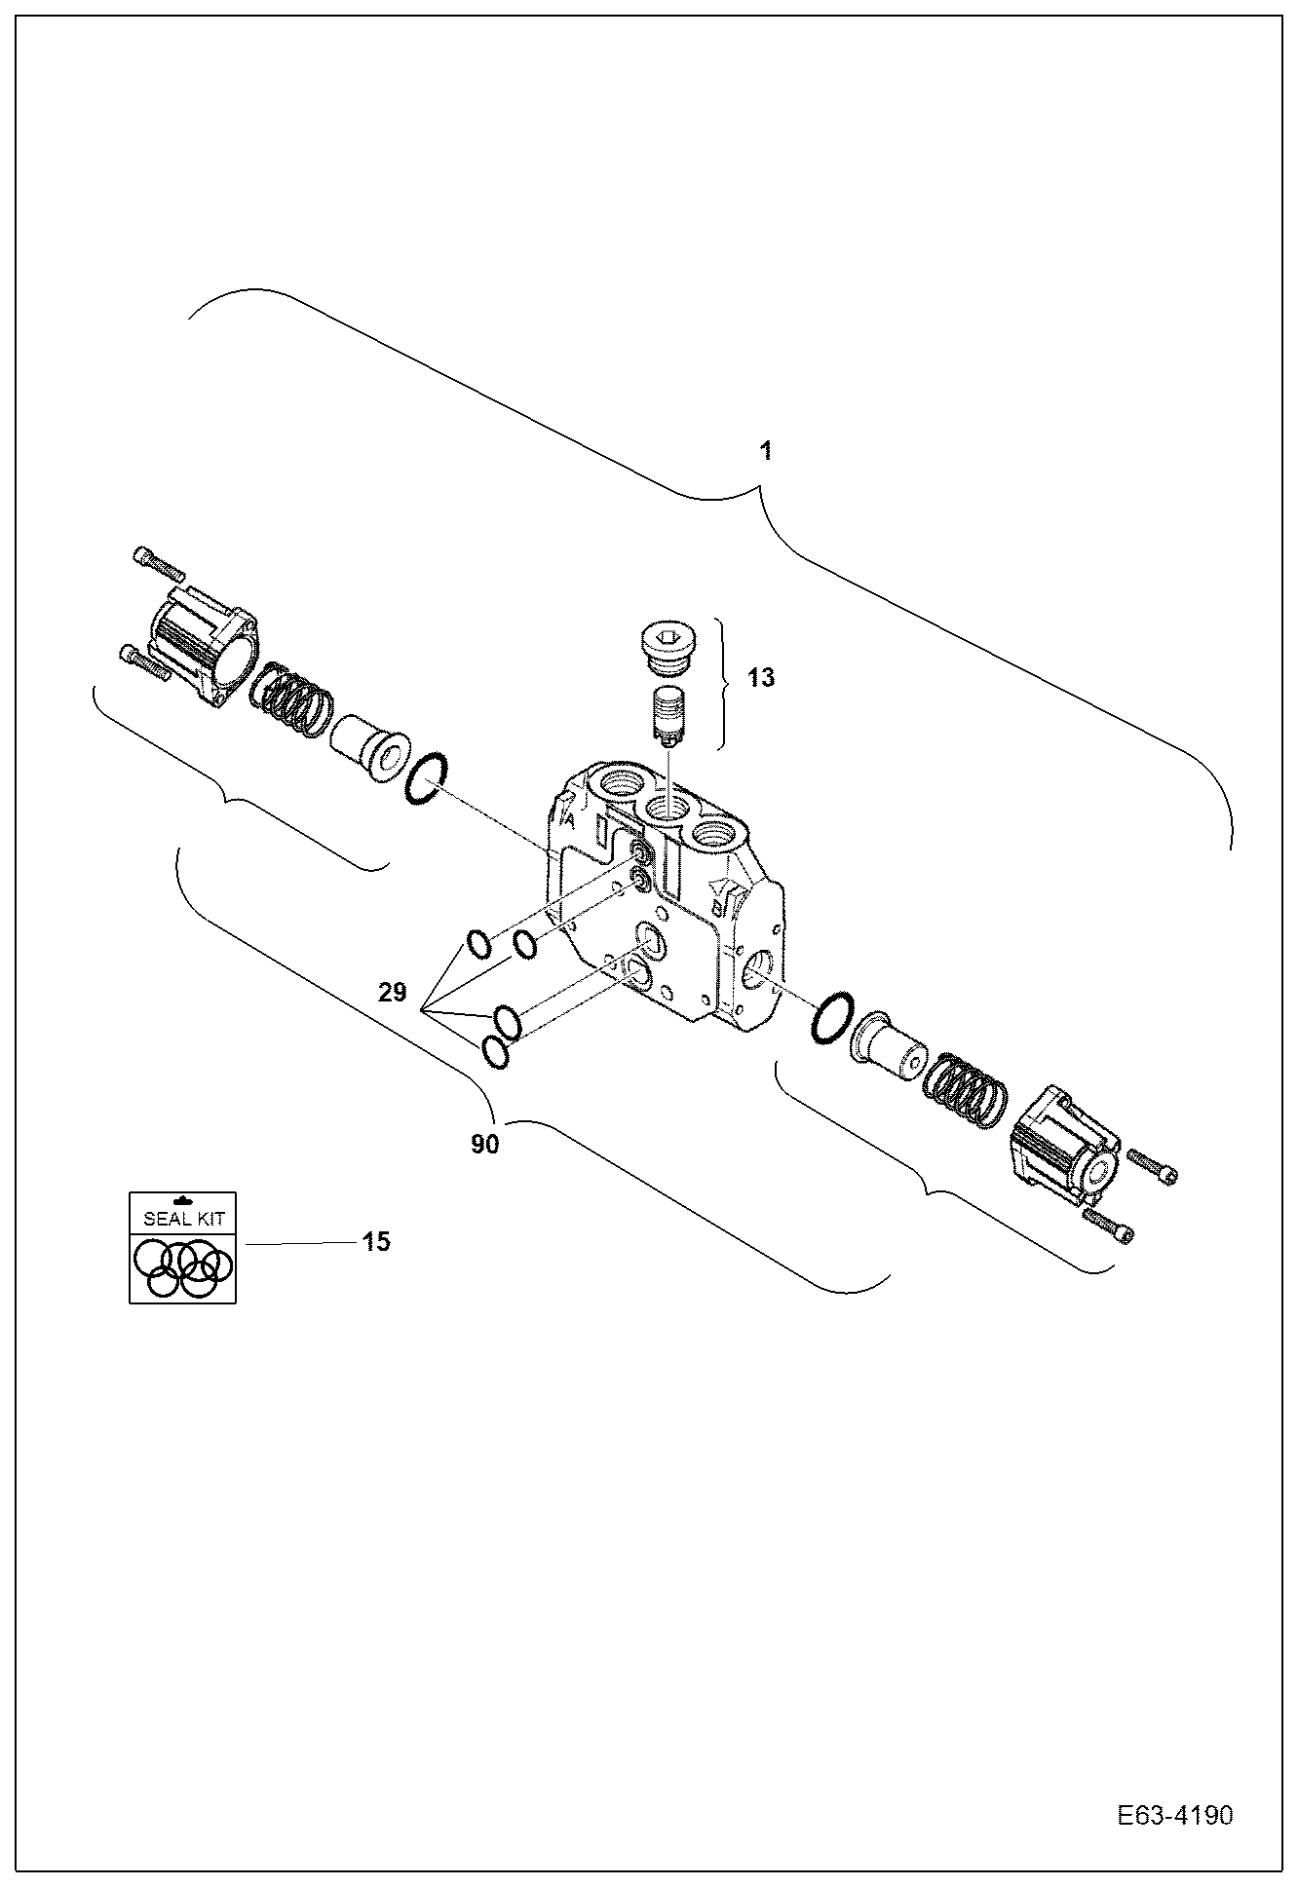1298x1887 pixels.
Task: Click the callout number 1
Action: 766,452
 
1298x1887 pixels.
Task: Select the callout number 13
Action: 761,678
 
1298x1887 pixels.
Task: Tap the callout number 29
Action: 393,993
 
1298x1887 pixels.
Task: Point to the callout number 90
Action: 484,1145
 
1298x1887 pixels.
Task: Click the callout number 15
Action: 376,1242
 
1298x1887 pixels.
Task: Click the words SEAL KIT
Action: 183,1219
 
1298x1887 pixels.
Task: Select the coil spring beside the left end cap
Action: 292,702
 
